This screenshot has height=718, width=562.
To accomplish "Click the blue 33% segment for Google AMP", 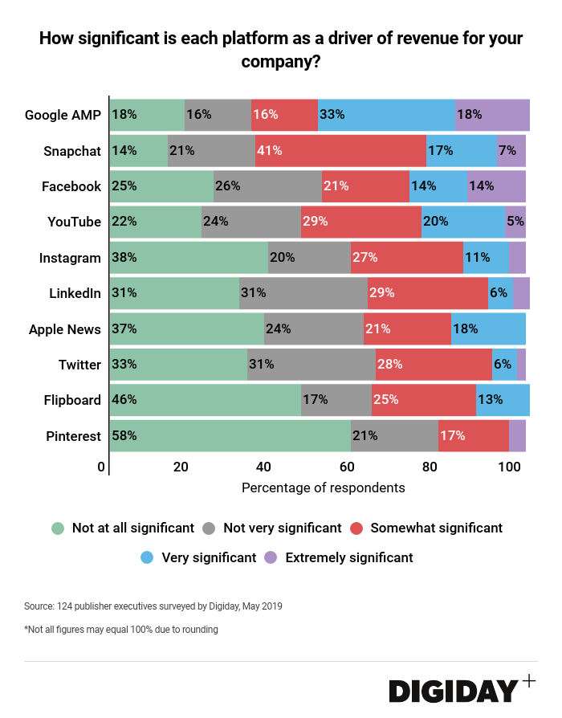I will click(386, 115).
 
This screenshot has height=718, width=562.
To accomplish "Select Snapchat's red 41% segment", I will click(340, 151).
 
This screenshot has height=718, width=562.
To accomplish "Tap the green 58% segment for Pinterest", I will click(230, 436).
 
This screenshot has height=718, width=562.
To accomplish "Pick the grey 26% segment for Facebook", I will click(267, 186).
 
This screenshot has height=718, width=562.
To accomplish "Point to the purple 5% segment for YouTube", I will click(515, 222).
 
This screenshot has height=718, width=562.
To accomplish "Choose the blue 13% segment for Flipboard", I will click(503, 400).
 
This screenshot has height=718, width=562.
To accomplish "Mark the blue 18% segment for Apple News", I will click(488, 328).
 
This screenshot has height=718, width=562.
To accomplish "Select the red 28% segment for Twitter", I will click(434, 365).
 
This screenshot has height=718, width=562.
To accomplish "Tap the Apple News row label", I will click(65, 329).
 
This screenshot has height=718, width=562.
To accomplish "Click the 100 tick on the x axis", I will click(509, 467).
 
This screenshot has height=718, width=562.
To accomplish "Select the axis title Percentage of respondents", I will click(323, 488).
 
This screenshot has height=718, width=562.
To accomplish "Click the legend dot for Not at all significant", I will click(58, 528).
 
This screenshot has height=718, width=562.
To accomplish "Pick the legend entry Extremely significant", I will click(348, 557).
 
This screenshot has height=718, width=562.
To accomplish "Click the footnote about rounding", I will click(121, 629).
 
